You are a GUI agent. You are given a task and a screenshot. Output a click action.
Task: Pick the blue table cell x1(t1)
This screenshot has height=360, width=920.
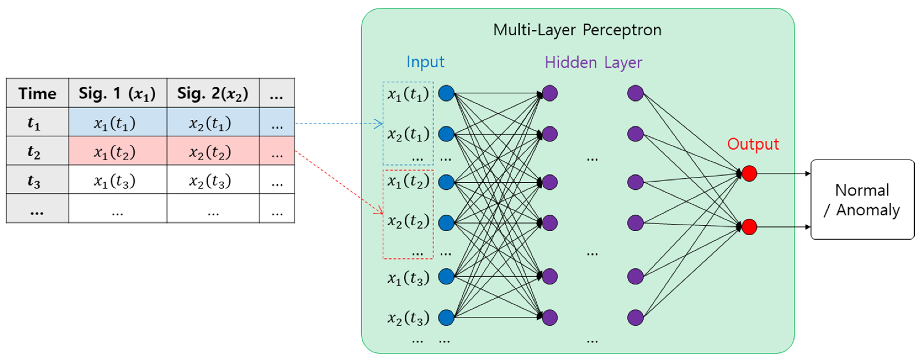tap(118, 122)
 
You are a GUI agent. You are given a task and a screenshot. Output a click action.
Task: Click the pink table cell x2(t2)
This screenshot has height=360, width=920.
tap(213, 151)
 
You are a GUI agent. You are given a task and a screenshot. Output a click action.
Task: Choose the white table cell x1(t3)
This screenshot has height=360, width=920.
tap(118, 180)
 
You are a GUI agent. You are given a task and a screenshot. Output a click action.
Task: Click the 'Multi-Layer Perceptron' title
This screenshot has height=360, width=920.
tap(577, 30)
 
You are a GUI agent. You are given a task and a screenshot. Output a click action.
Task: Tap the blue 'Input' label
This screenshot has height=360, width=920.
tap(425, 62)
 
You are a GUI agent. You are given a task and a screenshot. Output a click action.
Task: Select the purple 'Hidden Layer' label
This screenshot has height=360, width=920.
tap(593, 63)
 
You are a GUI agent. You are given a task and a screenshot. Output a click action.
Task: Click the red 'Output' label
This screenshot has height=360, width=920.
tap(753, 144)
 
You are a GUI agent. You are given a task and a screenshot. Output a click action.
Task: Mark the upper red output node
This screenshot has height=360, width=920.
tap(749, 174)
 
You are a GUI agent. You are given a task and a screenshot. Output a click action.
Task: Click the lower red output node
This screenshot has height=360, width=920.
tap(749, 227)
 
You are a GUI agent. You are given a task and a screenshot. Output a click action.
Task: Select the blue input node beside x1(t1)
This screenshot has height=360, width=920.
tap(446, 93)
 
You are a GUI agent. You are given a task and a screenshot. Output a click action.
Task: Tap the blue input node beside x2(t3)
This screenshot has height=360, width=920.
tap(446, 317)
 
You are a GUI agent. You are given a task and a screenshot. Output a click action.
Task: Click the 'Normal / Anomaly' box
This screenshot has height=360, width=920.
tap(862, 199)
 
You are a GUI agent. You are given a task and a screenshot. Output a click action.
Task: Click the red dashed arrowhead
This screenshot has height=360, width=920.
tap(379, 212)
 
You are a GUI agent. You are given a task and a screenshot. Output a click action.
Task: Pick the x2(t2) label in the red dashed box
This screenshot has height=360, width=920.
tap(408, 221)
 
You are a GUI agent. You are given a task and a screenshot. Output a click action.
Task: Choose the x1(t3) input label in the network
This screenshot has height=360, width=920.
tap(408, 278)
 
